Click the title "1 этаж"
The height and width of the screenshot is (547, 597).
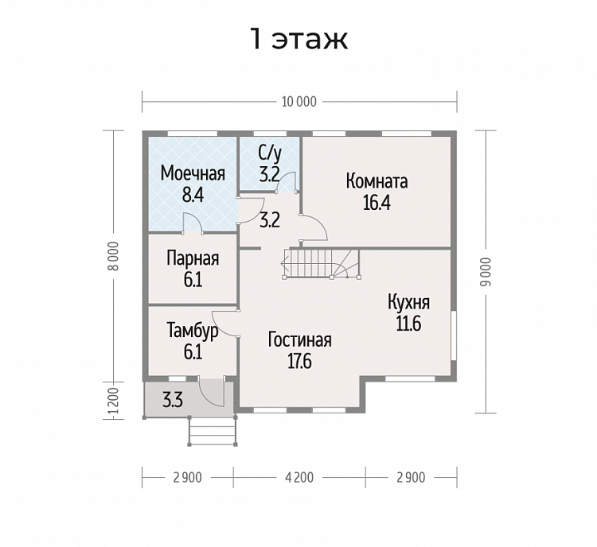pyautogui.click(x=298, y=39)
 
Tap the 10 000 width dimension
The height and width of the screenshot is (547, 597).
pyautogui.click(x=299, y=102)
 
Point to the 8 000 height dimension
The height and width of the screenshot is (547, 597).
pyautogui.click(x=115, y=256)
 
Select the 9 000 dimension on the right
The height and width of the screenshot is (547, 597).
pyautogui.click(x=486, y=272)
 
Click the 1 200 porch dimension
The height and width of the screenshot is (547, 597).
pyautogui.click(x=113, y=403)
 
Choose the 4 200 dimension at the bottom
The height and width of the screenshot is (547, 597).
pyautogui.click(x=299, y=477)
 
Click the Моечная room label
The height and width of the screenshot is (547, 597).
pyautogui.click(x=193, y=173)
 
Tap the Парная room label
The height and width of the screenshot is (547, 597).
pyautogui.click(x=193, y=259)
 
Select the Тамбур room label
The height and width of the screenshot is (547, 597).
pyautogui.click(x=193, y=331)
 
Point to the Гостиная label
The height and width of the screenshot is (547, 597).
pyautogui.click(x=299, y=340)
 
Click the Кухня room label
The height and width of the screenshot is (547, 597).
pyautogui.click(x=409, y=303)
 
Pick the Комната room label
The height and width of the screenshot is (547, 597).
pyautogui.click(x=377, y=181)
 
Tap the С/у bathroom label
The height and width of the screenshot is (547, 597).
pyautogui.click(x=270, y=153)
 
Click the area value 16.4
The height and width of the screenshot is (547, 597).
pyautogui.click(x=377, y=203)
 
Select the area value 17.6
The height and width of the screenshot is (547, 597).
pyautogui.click(x=299, y=362)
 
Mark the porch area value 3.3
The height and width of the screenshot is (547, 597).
pyautogui.click(x=173, y=401)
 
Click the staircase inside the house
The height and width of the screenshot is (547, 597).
pyautogui.click(x=322, y=264)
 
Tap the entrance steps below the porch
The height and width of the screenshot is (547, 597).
pyautogui.click(x=213, y=431)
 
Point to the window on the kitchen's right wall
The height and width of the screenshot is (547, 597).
pyautogui.click(x=454, y=336)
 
